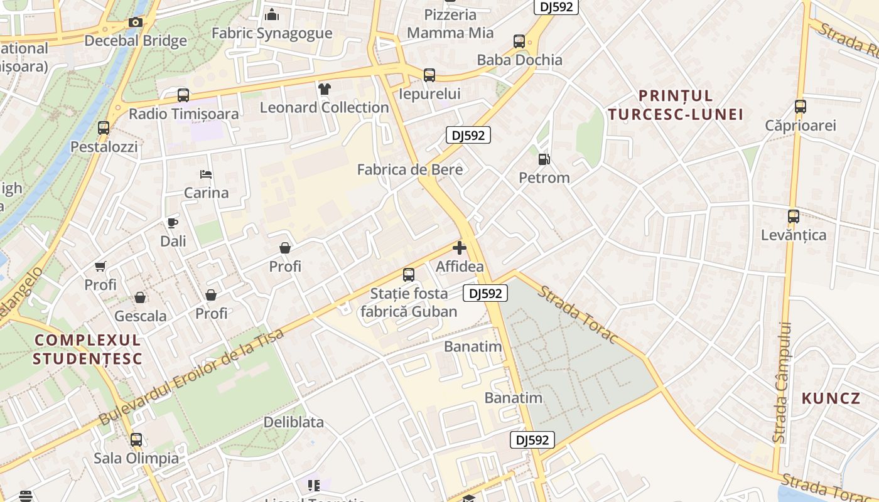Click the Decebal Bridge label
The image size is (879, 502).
pyautogui.click(x=136, y=41)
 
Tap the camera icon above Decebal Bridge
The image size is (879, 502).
pyautogui.click(x=135, y=23)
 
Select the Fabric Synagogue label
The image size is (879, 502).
pyautogui.click(x=272, y=33)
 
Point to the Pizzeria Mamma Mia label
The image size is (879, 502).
pyautogui.click(x=450, y=24)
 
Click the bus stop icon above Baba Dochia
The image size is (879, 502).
pyautogui.click(x=519, y=41)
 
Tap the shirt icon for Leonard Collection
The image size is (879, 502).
pyautogui.click(x=324, y=89)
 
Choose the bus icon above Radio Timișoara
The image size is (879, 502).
pyautogui.click(x=183, y=95)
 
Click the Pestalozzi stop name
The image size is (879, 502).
pyautogui.click(x=104, y=147)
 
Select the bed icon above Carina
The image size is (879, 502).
pyautogui.click(x=206, y=174)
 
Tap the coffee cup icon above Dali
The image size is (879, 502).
pyautogui.click(x=173, y=223)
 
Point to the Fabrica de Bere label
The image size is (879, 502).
pyautogui.click(x=410, y=169)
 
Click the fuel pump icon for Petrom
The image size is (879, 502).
pyautogui.click(x=544, y=159)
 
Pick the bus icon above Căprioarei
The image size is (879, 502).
pyautogui.click(x=800, y=107)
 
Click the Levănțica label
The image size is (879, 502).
pyautogui.click(x=794, y=235)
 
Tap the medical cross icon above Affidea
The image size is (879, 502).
pyautogui.click(x=460, y=248)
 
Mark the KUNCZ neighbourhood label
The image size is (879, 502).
pyautogui.click(x=831, y=398)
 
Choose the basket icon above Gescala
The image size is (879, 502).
pyautogui.click(x=140, y=297)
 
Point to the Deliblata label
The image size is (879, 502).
pyautogui.click(x=294, y=422)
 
